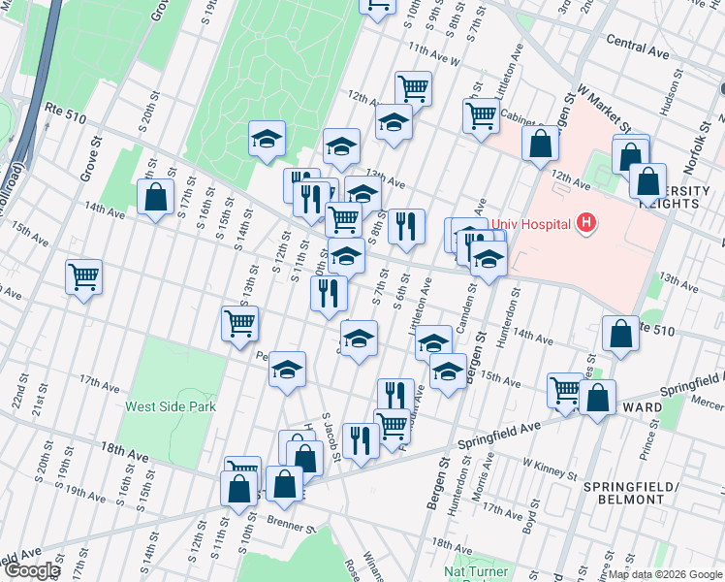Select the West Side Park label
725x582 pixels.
170,406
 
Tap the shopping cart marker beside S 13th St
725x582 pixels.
239,323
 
